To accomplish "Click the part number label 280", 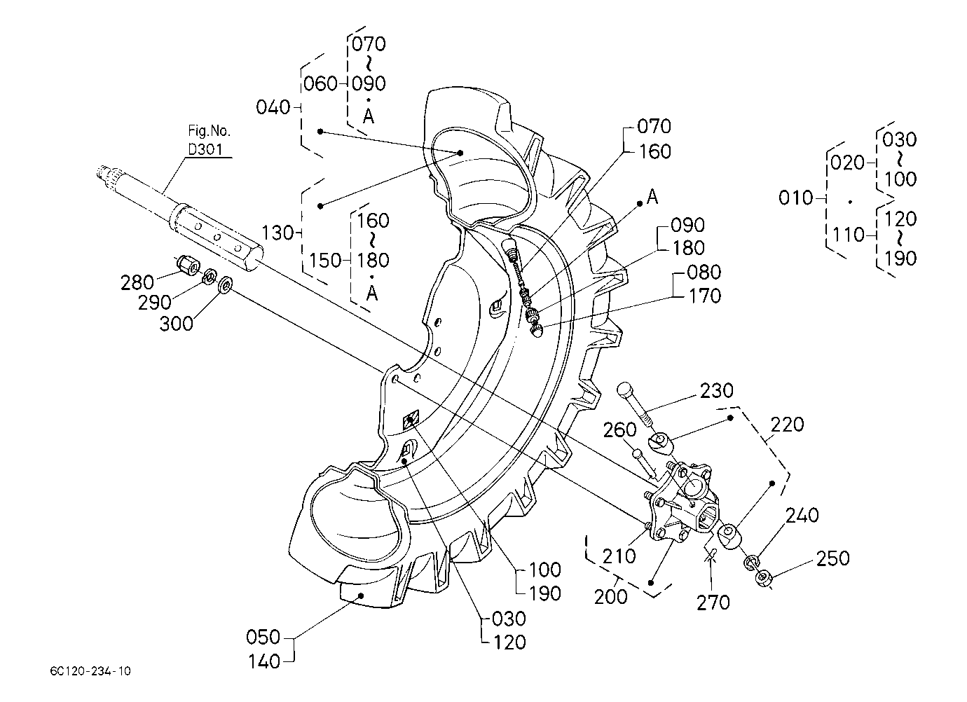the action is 137,283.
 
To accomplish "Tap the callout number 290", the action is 155,303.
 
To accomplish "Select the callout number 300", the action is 176,324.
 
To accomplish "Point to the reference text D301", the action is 205,149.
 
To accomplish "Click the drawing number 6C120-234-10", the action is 90,671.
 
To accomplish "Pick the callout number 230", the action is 717,391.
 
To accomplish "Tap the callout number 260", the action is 619,430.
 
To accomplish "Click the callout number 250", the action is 832,558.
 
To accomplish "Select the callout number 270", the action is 713,603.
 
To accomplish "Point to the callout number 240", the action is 802,516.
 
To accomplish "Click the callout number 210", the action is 619,556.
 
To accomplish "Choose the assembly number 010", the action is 795,198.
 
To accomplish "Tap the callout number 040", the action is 273,107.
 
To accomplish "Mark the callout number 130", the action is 278,233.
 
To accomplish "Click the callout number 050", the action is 263,637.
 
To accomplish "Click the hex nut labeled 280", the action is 187,263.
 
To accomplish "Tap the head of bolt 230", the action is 624,390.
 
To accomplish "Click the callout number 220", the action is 788,425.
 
